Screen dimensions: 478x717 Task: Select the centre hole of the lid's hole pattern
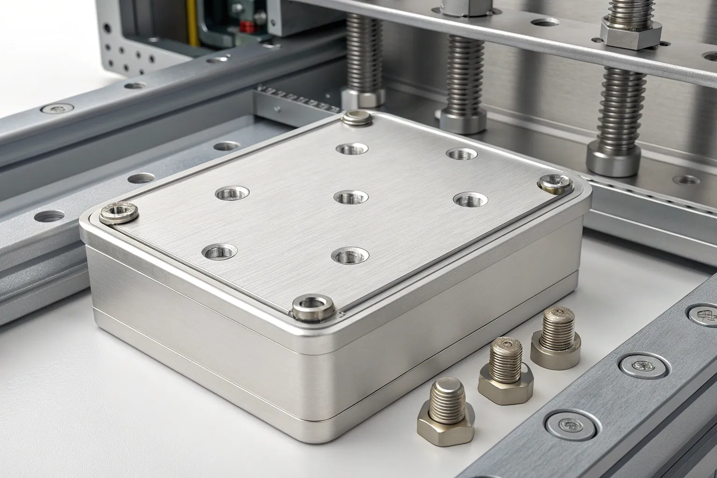click(351, 197)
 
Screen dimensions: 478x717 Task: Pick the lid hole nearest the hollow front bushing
click(350, 255)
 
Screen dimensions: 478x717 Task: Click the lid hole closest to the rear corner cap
click(352, 149)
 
